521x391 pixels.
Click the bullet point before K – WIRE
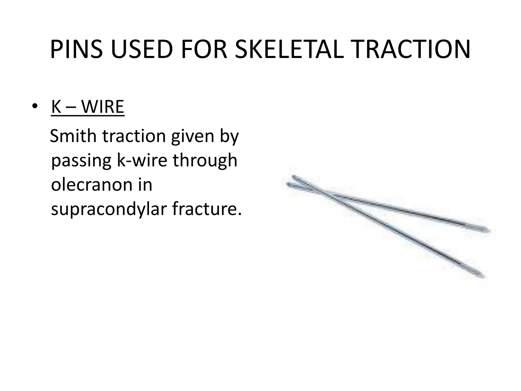35,107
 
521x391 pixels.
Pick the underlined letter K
56,107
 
